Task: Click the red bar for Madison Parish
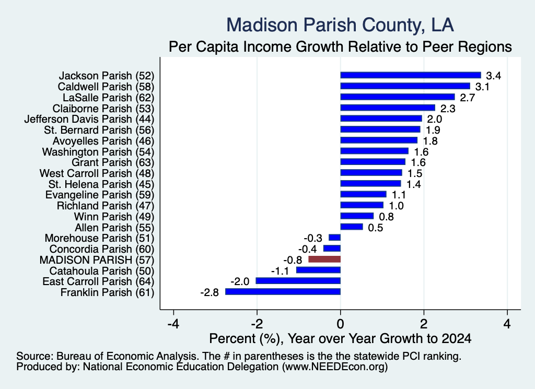click(x=324, y=260)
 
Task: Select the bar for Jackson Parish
click(x=411, y=75)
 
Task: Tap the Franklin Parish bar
click(x=283, y=292)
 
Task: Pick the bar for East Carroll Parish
click(x=298, y=281)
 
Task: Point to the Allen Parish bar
click(x=352, y=227)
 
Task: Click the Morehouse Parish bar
click(x=335, y=238)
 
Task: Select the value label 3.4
click(x=493, y=76)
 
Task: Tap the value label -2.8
click(x=210, y=292)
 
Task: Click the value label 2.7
click(x=467, y=98)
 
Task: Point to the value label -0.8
click(x=293, y=260)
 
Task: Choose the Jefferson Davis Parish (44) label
click(x=89, y=120)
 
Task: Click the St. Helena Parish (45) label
click(x=101, y=184)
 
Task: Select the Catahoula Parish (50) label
click(x=102, y=271)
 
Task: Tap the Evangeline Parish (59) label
click(x=100, y=195)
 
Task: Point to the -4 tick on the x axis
click(x=173, y=324)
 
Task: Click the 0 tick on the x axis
click(x=341, y=324)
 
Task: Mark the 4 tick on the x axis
click(x=507, y=324)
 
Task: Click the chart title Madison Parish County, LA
click(x=340, y=25)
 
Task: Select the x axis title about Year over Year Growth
click(x=340, y=338)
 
